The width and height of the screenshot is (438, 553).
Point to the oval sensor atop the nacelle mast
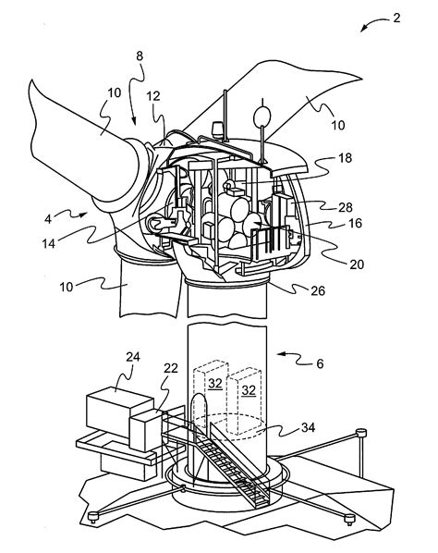pos(262,117)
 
